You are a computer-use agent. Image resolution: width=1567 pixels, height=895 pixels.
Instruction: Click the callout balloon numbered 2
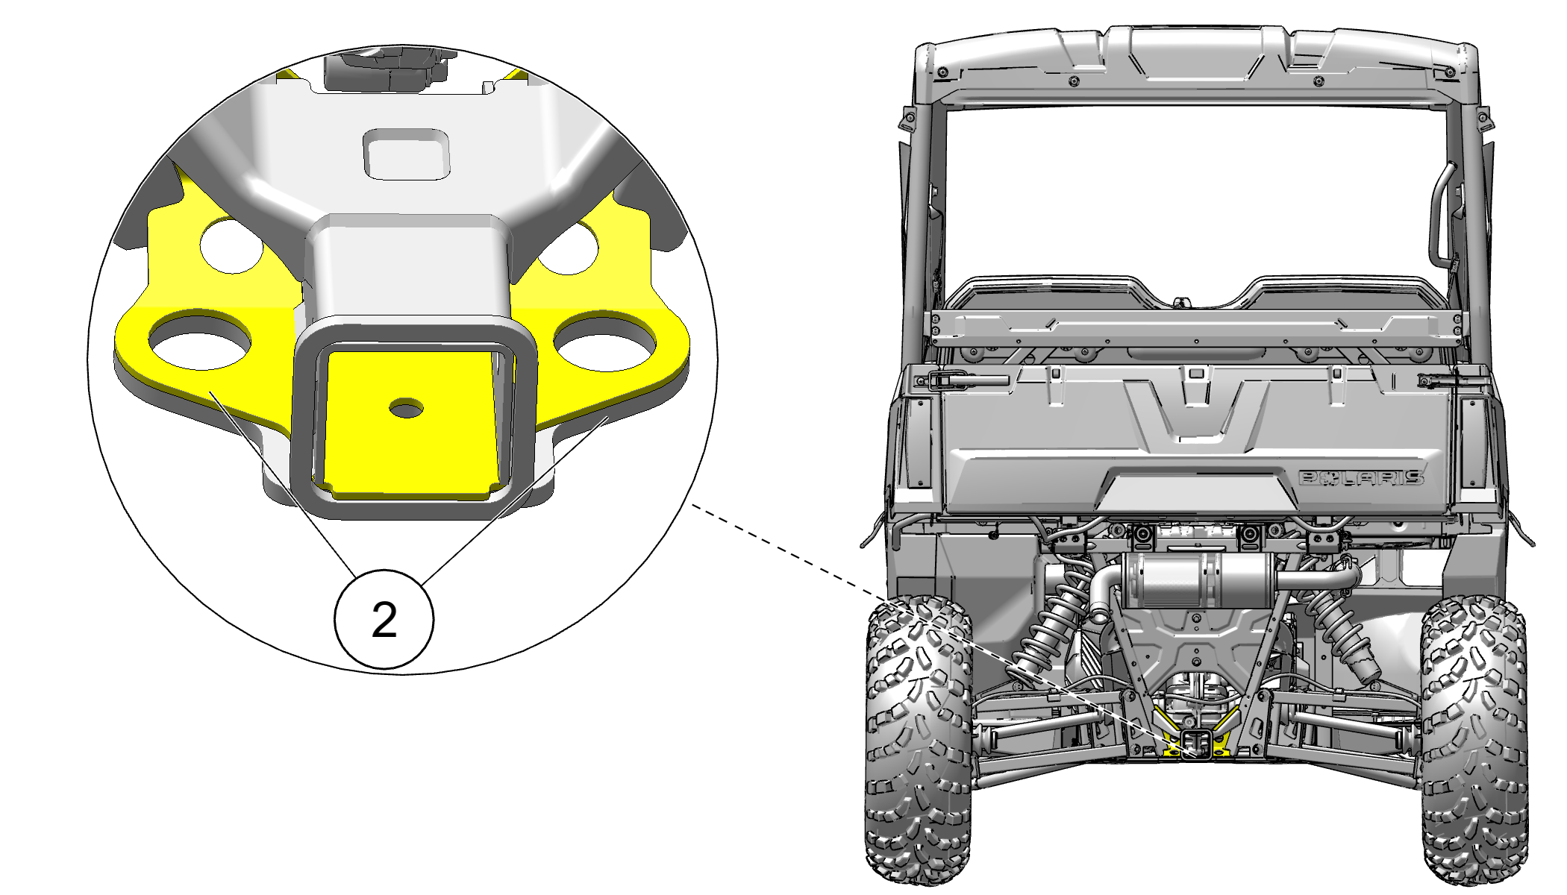(x=384, y=619)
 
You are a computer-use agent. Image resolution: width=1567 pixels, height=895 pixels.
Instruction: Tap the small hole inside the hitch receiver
(x=407, y=408)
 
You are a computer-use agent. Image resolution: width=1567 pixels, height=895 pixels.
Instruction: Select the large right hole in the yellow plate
(x=605, y=342)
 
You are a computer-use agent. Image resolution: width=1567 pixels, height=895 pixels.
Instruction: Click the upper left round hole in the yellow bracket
(x=231, y=245)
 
